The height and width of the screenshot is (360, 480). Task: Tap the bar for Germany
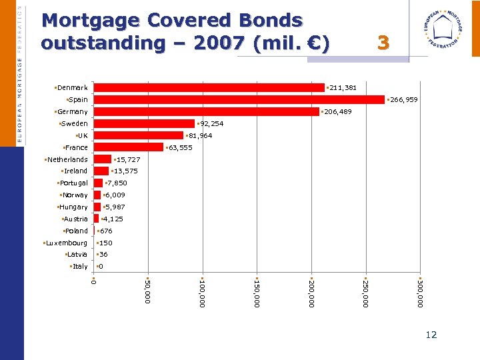[x=206, y=111]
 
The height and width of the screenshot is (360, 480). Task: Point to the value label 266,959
[x=403, y=100]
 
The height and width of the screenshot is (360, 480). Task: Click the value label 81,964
[x=198, y=136]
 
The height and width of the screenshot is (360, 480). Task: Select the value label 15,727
[x=127, y=160]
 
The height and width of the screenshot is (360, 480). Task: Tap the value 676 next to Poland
[x=106, y=231]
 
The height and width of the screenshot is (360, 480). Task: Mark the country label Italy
[x=79, y=267]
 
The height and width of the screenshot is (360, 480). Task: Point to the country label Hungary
[x=73, y=207]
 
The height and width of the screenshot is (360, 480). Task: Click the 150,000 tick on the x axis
[x=256, y=293]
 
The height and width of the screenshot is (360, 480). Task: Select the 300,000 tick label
[x=419, y=293]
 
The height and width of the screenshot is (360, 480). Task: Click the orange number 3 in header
[x=383, y=43]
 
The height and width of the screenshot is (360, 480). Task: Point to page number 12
[x=431, y=335]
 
